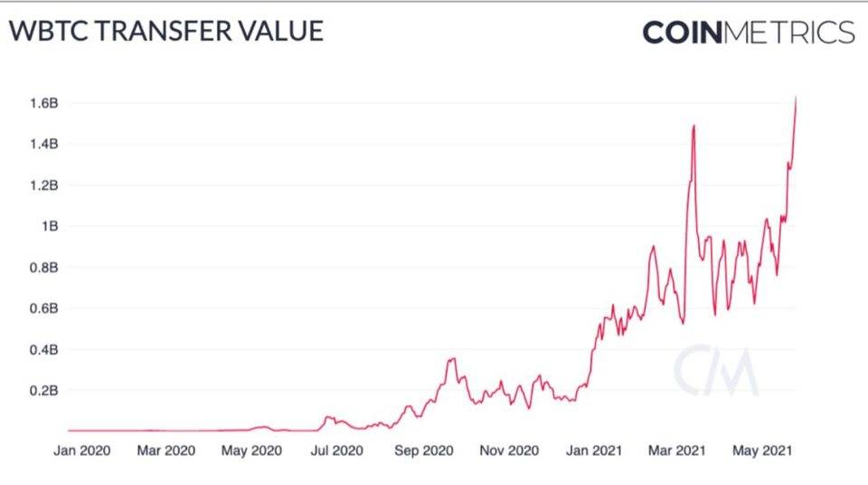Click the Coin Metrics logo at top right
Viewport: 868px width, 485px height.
coord(748,32)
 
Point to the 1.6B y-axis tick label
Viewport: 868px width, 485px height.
coord(44,103)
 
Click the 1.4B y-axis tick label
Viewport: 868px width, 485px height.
coord(44,144)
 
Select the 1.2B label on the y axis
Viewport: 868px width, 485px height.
coord(44,185)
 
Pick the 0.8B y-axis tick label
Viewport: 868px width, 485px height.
coord(44,268)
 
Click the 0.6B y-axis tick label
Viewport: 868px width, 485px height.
coord(44,309)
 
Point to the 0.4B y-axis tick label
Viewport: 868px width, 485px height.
coord(44,350)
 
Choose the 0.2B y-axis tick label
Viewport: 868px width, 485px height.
coord(44,391)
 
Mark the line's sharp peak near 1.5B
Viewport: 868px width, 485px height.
coord(693,126)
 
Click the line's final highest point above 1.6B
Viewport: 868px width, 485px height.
coord(796,97)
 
